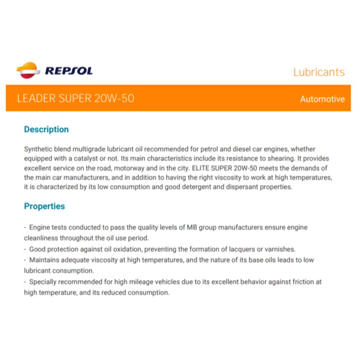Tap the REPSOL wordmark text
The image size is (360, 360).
point(68,71)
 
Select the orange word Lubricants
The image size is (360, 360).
point(319,72)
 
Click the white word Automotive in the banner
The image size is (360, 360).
point(322,99)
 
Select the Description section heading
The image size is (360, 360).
point(46,129)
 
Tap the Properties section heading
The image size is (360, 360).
point(44,206)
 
